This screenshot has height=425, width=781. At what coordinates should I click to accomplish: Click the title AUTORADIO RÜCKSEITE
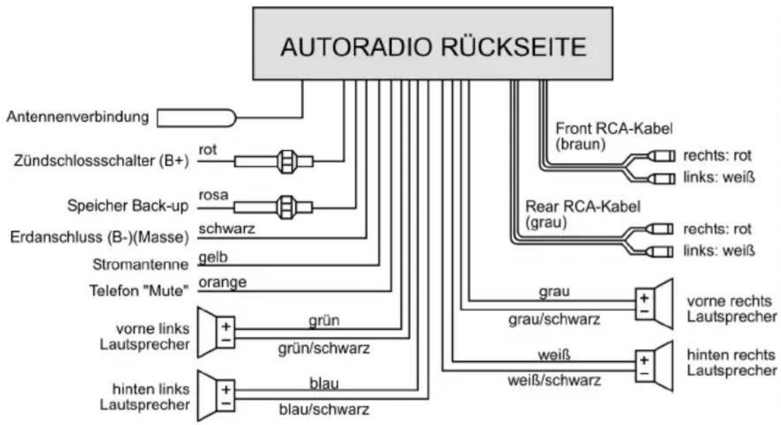click(x=433, y=46)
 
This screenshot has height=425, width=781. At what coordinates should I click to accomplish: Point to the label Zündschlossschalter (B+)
click(x=102, y=161)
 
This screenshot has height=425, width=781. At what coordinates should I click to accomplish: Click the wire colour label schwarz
click(x=227, y=229)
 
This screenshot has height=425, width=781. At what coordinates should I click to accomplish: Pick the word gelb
click(x=213, y=257)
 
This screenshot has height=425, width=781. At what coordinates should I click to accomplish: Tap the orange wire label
click(x=222, y=282)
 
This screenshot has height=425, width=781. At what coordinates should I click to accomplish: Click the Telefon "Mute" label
click(x=139, y=290)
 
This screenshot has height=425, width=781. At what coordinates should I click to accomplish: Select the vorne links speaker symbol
click(x=216, y=332)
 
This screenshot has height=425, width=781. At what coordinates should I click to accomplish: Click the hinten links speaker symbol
click(x=216, y=396)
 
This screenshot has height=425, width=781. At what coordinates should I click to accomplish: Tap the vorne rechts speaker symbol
click(x=654, y=304)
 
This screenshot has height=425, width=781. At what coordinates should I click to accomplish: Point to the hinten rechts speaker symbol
click(x=654, y=366)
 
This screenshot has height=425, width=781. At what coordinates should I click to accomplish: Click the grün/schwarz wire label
click(x=324, y=348)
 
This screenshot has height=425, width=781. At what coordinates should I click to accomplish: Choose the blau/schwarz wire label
click(x=324, y=410)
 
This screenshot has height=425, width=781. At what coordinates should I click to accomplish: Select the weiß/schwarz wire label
click(x=554, y=381)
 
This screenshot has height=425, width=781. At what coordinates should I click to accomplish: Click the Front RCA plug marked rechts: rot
click(x=661, y=156)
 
